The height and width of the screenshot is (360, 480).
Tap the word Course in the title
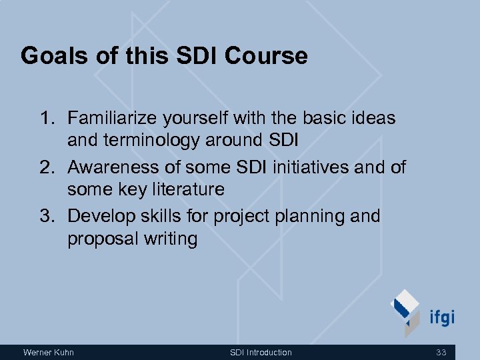[266, 56]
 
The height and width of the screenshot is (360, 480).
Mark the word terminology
[162, 141]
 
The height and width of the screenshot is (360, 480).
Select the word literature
[187, 189]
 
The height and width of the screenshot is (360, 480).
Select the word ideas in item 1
[371, 119]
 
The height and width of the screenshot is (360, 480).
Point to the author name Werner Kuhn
[49, 352]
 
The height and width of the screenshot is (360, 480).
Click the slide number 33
[441, 352]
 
